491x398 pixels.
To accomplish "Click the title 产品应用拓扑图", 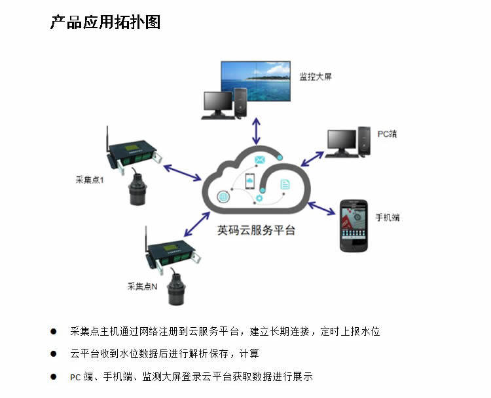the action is pos(105,22).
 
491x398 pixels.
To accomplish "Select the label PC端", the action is pos(387,134).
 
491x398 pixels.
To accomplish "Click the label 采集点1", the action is pos(91,180).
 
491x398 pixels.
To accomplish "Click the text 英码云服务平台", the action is pos(256,231).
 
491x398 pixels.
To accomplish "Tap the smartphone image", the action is pos(355,226).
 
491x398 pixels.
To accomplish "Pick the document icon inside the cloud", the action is pos(285,185).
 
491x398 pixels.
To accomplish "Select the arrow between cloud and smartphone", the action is pos(321,208).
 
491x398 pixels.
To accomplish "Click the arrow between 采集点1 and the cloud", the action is pos(182,171).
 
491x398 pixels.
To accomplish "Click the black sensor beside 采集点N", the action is pos(176,289).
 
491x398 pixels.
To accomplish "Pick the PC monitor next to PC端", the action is pos(342,140).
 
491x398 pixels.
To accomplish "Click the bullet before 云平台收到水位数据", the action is pos(54,354).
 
